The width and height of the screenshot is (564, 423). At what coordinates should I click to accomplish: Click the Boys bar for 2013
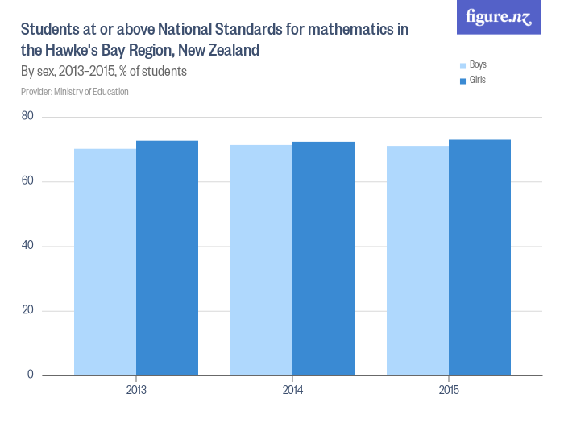(105, 262)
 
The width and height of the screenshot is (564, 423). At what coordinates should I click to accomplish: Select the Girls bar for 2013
(167, 258)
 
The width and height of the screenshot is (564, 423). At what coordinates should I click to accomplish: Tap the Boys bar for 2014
(261, 260)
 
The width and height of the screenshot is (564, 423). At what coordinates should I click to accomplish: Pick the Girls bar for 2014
(323, 259)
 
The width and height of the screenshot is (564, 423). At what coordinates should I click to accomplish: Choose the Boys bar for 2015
(417, 260)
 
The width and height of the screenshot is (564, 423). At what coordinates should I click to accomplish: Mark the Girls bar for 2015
(479, 258)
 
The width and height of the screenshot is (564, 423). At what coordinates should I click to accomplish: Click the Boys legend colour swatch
(462, 65)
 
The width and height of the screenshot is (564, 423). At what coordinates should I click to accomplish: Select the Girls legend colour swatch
(462, 81)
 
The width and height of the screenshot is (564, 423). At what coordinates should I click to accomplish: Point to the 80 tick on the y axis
(27, 117)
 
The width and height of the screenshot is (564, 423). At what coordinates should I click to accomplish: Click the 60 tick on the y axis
(27, 181)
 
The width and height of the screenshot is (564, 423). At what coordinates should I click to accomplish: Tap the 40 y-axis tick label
(27, 246)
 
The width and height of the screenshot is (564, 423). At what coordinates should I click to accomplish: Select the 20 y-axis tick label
(27, 310)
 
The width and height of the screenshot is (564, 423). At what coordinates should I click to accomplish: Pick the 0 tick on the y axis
(30, 375)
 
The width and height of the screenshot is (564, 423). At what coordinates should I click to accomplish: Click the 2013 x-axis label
(136, 391)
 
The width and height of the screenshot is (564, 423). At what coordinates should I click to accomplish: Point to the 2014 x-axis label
(292, 391)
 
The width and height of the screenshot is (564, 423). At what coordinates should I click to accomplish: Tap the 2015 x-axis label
(449, 391)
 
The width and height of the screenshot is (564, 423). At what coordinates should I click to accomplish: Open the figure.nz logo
(499, 17)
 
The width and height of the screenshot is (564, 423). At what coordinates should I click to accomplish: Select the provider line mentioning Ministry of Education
(75, 92)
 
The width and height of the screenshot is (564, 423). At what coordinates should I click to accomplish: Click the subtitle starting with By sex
(104, 71)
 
